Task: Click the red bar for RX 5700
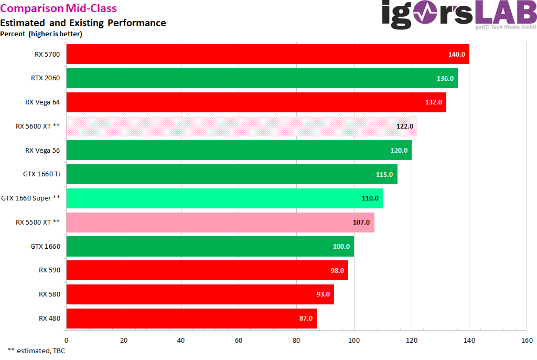267,54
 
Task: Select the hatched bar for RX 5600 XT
242,126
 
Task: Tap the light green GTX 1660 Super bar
224,198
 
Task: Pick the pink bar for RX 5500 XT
220,223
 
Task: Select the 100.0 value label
341,247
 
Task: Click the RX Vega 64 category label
42,102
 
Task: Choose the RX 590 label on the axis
49,270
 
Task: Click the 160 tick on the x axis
527,340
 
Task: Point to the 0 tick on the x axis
66,340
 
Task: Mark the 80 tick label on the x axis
296,340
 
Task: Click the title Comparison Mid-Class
59,8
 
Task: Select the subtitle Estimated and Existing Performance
83,23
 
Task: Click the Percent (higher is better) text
41,34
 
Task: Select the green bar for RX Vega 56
239,150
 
